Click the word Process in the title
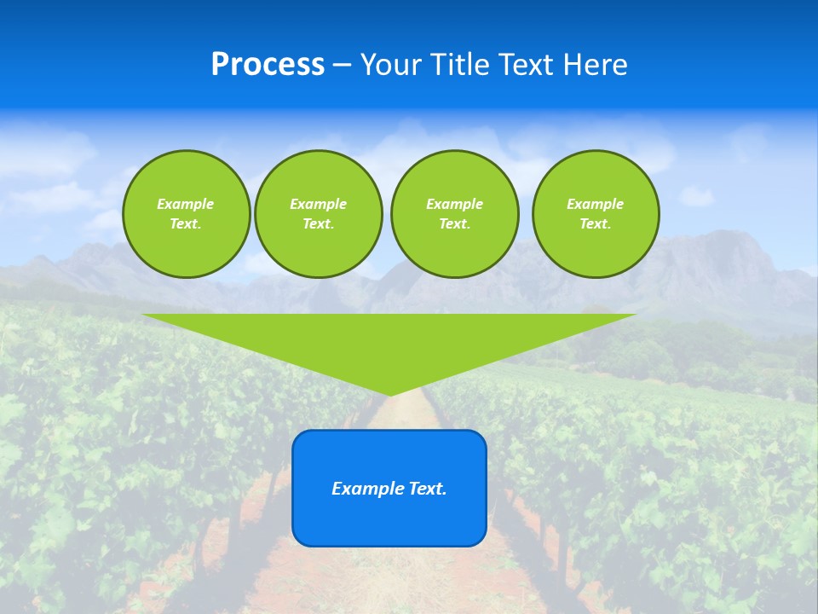pos(268,65)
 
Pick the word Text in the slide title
pos(527,65)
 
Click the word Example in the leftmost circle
pos(186,204)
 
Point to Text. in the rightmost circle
pos(595,223)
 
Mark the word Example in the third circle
pos(454,204)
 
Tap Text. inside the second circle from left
pos(318,223)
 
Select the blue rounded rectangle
pos(389,520)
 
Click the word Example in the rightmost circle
pos(595,204)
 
